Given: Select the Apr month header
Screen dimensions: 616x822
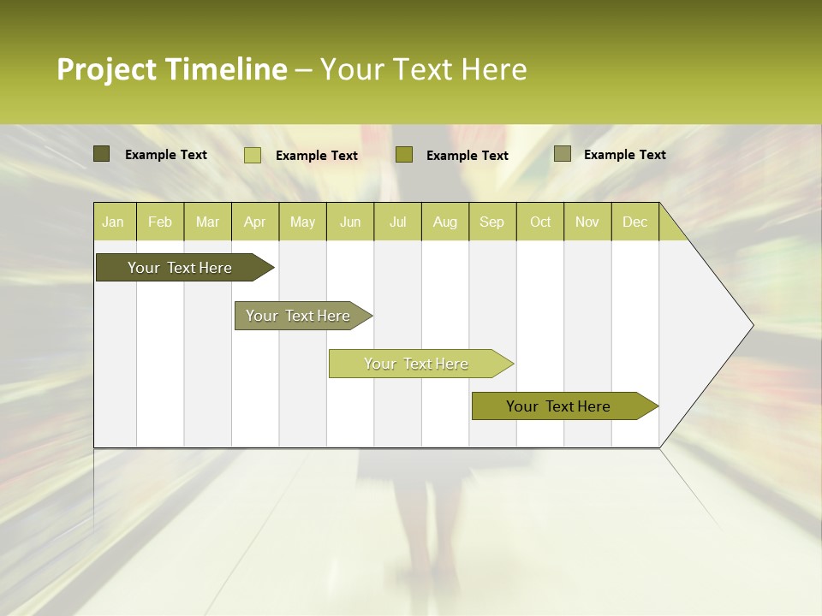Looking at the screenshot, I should (x=255, y=222).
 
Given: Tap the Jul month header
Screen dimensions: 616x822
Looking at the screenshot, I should (x=397, y=222).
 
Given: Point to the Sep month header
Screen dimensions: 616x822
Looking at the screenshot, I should (x=492, y=222).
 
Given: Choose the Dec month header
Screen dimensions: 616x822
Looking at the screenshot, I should (x=634, y=222).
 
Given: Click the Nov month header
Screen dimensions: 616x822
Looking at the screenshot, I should (x=587, y=222).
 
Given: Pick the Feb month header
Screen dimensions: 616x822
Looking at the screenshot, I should (x=160, y=222).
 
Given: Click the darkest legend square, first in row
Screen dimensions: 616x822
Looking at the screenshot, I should (x=101, y=154).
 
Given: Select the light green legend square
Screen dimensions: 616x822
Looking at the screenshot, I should (x=252, y=155).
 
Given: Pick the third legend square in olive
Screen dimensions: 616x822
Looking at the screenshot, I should (x=404, y=154).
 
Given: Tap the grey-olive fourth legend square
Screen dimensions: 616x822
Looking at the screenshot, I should (x=562, y=154).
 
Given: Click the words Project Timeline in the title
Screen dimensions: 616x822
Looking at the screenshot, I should (x=171, y=69).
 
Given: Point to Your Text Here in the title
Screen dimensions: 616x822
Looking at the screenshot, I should (x=423, y=69).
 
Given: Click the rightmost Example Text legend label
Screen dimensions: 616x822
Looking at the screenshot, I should (x=624, y=155).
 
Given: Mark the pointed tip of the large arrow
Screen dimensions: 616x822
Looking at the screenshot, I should (x=752, y=325).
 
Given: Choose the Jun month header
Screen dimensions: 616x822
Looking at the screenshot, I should (x=350, y=222).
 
